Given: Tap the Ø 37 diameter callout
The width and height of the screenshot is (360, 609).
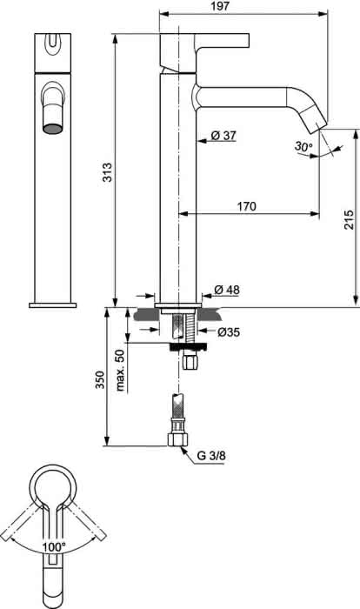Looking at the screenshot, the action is tap(223, 135).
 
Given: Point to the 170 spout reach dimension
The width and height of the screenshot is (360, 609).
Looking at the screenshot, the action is tap(247, 206).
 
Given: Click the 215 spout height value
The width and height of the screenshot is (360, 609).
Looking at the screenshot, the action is tap(349, 219).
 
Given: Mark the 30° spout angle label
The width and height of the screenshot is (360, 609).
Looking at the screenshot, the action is tap(303, 146).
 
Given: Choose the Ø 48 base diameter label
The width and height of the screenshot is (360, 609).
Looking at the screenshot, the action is tap(227, 290).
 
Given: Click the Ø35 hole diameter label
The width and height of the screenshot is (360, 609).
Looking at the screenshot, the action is tap(229, 332).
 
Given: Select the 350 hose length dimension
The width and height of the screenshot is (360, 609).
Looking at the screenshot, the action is tap(100, 380).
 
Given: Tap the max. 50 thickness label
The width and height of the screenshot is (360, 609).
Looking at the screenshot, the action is tap(120, 370).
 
